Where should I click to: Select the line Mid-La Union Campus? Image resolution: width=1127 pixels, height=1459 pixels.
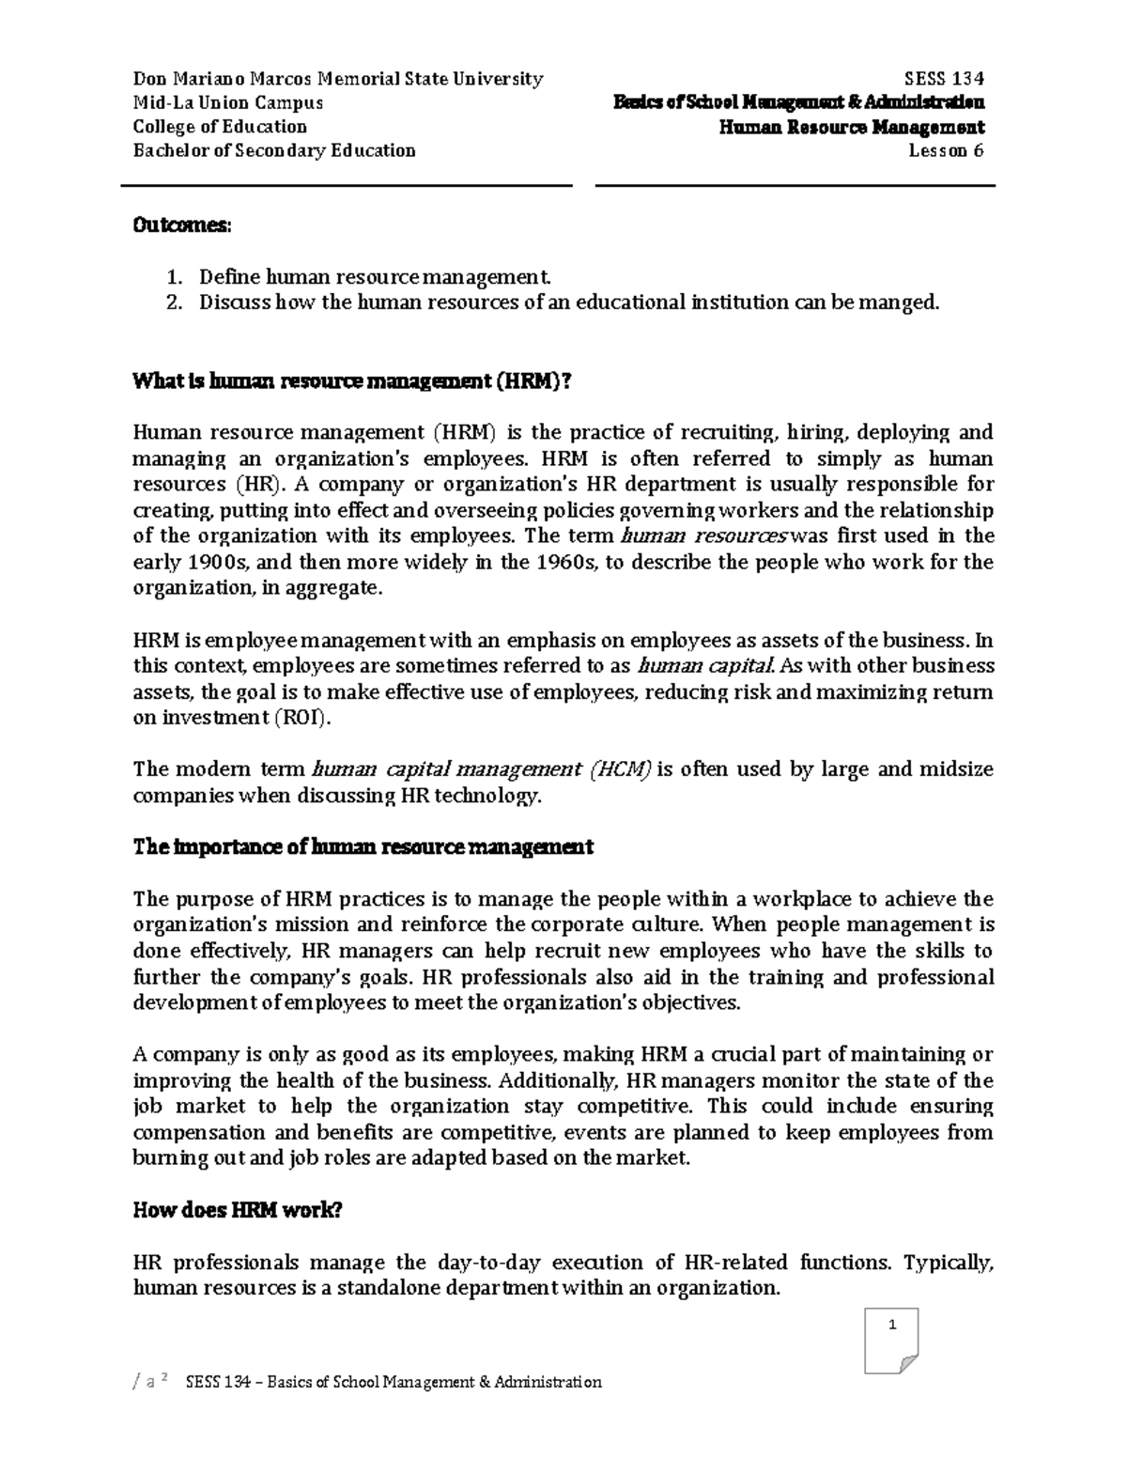coord(228,102)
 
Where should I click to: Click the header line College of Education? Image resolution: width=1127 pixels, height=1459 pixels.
coord(220,127)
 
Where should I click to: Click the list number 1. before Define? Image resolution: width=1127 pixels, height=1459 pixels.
coord(173,277)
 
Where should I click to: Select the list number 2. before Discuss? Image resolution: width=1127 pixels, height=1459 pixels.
coord(173,303)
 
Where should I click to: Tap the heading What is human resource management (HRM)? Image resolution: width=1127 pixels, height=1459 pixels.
coord(352,380)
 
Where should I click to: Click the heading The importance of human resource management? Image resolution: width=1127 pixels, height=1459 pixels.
coord(363,847)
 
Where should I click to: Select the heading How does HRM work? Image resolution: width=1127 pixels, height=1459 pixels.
coord(238,1211)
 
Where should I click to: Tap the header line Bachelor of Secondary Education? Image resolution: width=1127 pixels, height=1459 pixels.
coord(274,151)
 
